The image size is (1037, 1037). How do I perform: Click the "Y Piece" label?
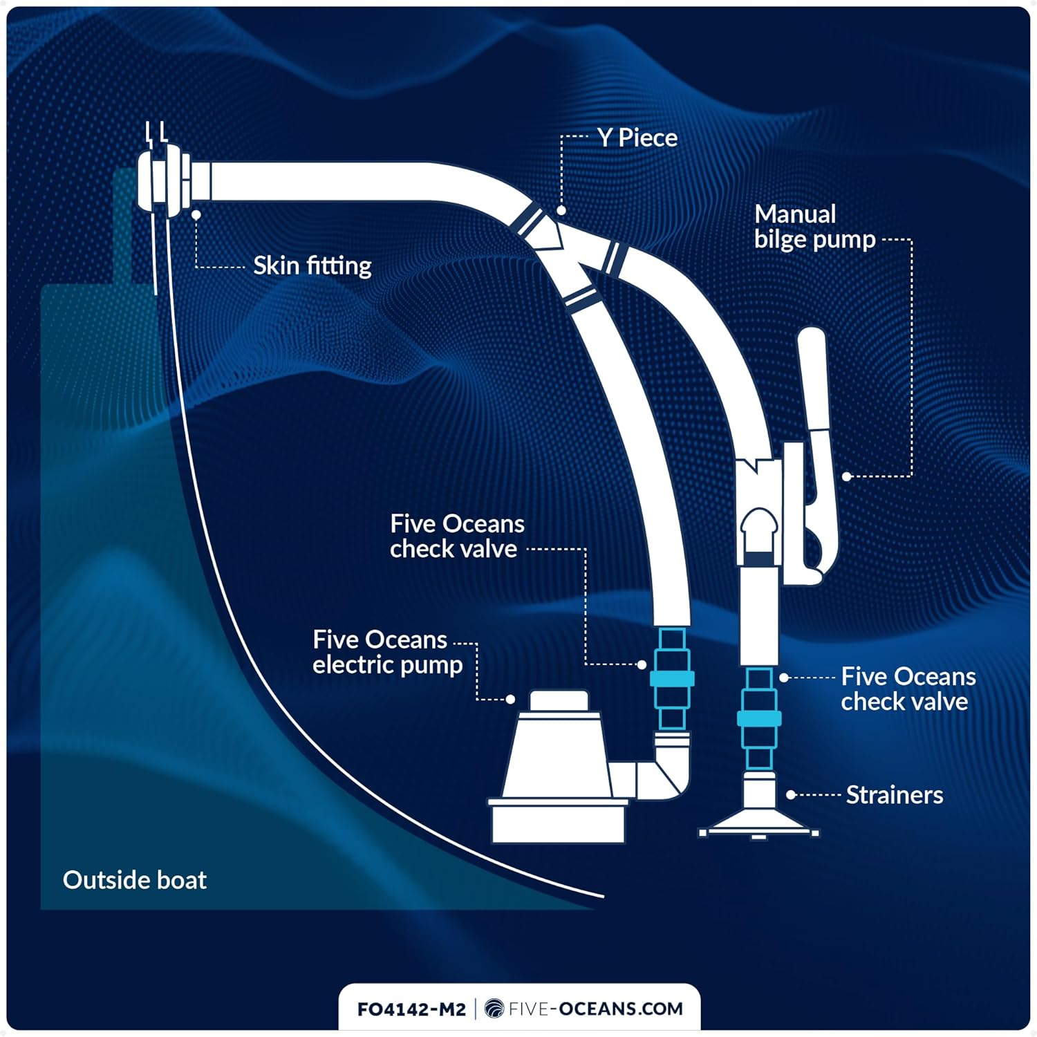637,138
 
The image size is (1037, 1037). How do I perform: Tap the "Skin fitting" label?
312,265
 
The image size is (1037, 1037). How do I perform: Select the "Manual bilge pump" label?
814,227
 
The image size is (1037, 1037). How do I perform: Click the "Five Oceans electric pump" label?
387,652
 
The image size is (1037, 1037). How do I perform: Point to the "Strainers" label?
894,795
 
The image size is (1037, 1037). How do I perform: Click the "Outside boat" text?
135,880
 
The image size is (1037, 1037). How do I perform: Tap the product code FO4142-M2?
411,1009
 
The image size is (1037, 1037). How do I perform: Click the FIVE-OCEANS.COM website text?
595,1009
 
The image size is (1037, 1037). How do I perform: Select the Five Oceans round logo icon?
494,1009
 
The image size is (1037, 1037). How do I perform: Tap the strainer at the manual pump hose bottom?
759,816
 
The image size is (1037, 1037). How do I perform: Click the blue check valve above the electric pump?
671,679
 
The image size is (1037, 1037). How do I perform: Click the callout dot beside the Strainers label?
791,795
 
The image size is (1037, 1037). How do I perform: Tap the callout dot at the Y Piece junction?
561,210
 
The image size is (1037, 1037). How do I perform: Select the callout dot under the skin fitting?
196,215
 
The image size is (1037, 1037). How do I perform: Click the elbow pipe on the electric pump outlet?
667,771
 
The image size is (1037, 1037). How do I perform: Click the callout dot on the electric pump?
510,700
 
